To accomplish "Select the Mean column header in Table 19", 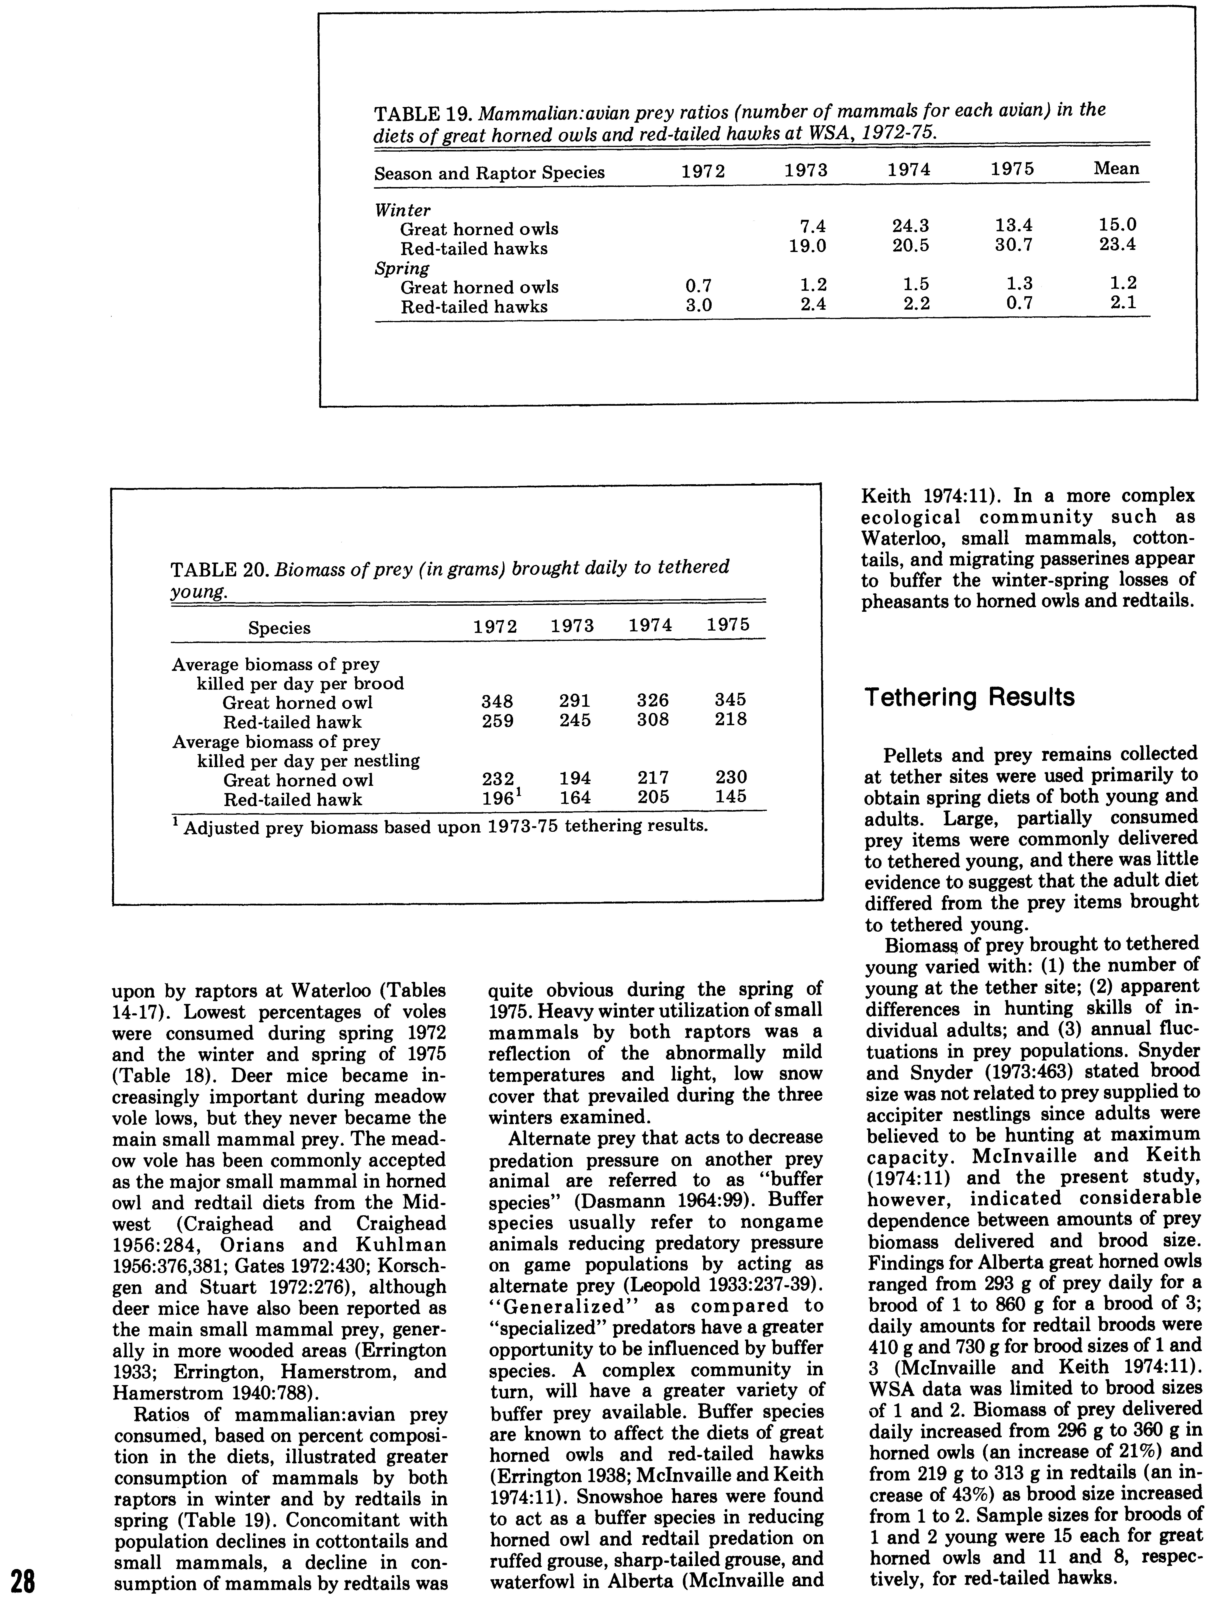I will (1116, 169).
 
